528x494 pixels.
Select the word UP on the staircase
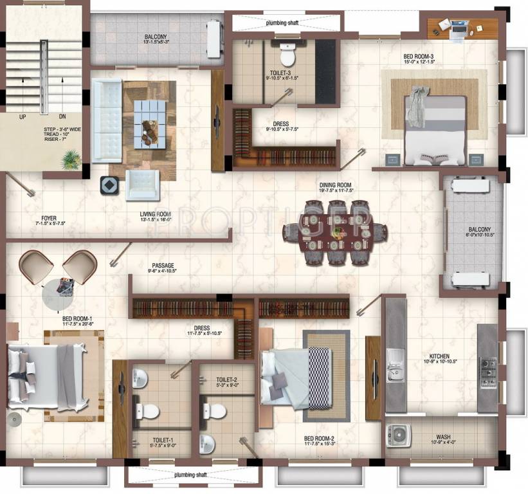(x=23, y=117)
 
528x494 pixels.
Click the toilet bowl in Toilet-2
(x=216, y=410)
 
